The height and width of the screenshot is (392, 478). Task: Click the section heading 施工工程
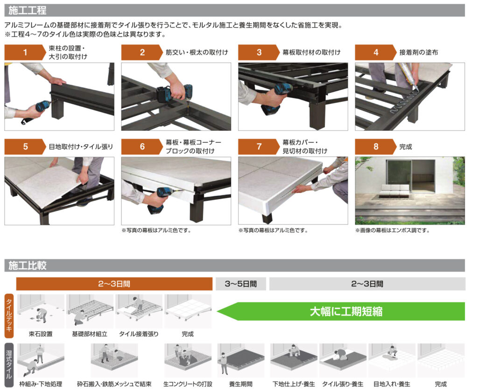[28, 10]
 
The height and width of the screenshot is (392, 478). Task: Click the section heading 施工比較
[28, 265]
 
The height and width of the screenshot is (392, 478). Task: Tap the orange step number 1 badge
[25, 52]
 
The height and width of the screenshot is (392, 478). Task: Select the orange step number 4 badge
[376, 52]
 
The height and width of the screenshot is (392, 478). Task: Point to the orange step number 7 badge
[259, 147]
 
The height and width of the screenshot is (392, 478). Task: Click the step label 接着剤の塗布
[419, 52]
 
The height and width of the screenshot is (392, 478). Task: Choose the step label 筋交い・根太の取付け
[197, 52]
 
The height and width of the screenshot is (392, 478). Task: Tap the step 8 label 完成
[406, 147]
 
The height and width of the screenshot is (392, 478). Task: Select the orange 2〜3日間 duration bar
[114, 284]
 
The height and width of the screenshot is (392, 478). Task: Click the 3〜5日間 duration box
[241, 284]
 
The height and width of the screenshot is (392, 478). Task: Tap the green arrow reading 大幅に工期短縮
[341, 312]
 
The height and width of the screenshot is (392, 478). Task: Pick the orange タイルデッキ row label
[9, 316]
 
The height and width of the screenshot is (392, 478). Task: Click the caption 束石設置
[41, 334]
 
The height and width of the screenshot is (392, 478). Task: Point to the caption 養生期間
[241, 384]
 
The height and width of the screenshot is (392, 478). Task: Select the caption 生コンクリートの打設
[188, 384]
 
